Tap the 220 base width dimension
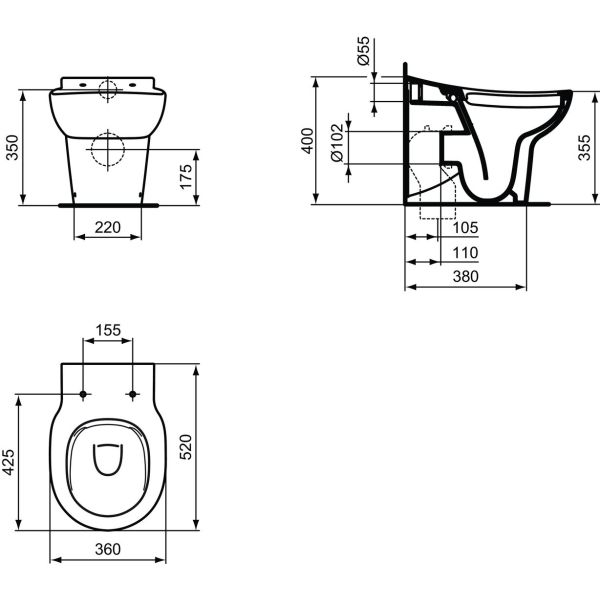(x=107, y=228)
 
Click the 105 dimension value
(x=465, y=228)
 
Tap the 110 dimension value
(x=465, y=252)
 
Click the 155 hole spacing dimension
(x=107, y=329)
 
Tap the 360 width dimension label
(x=107, y=549)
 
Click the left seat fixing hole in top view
(x=83, y=394)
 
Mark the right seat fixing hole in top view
(x=132, y=394)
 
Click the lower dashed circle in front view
(x=107, y=149)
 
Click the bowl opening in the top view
(x=107, y=459)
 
